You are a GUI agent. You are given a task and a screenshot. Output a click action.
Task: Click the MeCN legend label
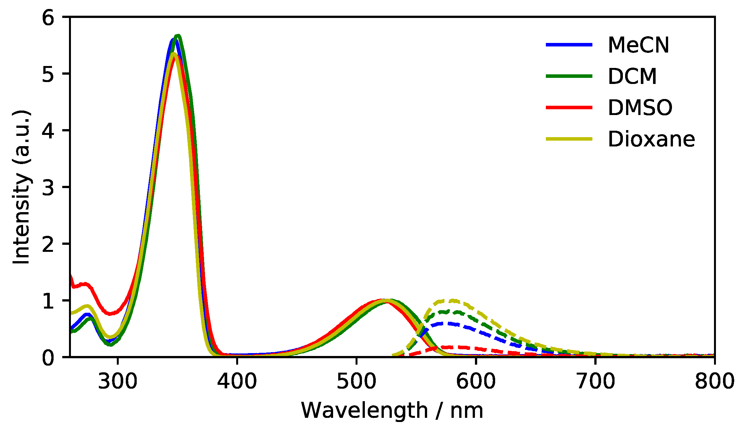coord(638,45)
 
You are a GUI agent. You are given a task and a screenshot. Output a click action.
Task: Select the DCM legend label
coord(632,77)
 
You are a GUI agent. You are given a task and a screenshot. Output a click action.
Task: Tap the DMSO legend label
coord(640,108)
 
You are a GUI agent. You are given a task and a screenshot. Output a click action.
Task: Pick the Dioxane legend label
coord(651,139)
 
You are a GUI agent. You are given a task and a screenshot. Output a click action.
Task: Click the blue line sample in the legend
coord(569,45)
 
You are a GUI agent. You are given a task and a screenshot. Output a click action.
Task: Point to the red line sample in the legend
coord(569,108)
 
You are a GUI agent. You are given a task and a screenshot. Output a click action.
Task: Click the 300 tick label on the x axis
coord(117,381)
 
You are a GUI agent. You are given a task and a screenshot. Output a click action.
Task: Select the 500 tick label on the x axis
coord(356,381)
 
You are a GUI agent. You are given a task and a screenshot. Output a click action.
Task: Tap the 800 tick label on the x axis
coord(714,381)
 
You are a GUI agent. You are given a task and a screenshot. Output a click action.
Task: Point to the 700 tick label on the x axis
coord(595,381)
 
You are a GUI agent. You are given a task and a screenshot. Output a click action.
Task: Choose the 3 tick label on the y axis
coord(48,187)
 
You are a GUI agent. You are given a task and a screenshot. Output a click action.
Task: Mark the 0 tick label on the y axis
coord(48,358)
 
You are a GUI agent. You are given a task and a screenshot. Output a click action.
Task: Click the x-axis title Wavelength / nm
coord(392,410)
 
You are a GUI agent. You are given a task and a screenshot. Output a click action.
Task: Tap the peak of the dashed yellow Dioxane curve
coord(452,301)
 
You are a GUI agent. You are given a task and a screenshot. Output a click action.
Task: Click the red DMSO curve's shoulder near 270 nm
coord(85,284)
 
